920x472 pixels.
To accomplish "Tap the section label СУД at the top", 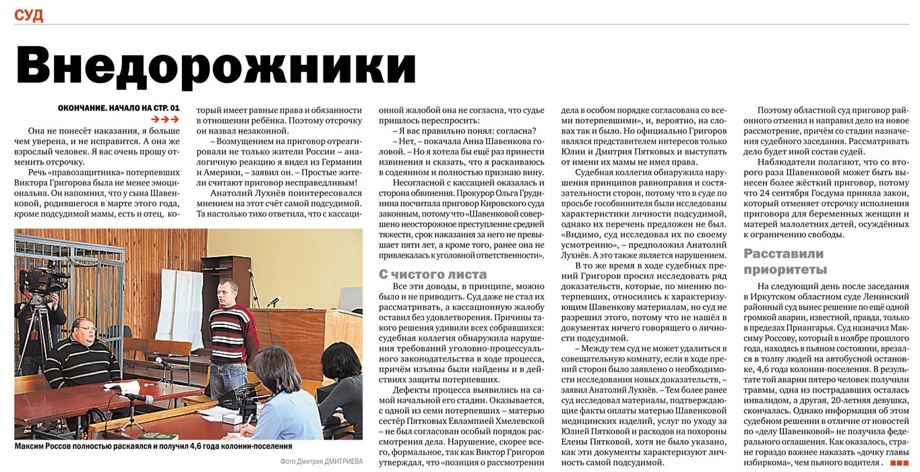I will tap(28, 15).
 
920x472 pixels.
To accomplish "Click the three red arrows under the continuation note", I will tap(164, 120).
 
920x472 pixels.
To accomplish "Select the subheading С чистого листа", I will tap(433, 274).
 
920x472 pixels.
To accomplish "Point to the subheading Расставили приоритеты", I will tap(784, 262).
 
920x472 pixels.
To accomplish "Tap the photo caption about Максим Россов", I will tap(154, 446).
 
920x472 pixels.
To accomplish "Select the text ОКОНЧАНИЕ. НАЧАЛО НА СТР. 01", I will tap(119, 108).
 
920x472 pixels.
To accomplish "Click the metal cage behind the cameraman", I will tap(94, 283).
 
